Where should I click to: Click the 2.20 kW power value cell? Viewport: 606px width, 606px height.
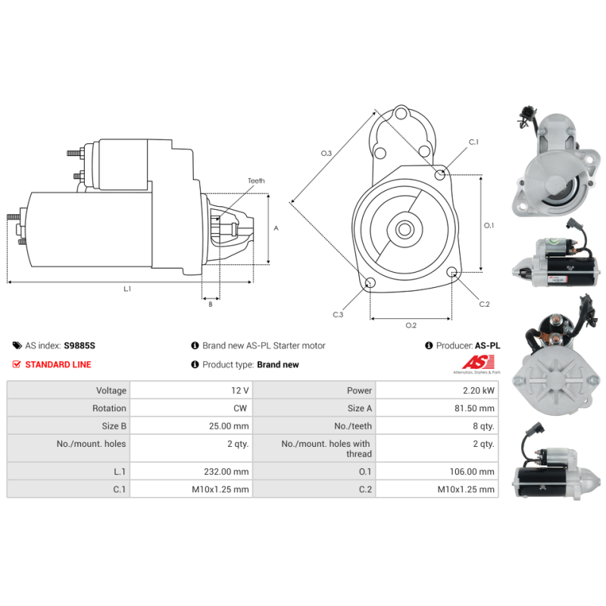[x=479, y=390]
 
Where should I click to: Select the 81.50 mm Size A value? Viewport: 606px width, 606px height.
[x=474, y=408]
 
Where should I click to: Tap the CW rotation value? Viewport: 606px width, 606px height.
[x=240, y=408]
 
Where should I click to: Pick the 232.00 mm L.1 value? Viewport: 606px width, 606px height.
[x=226, y=471]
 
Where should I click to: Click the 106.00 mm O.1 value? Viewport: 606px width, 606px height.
[x=472, y=471]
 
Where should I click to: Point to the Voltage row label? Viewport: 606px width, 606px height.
[x=111, y=391]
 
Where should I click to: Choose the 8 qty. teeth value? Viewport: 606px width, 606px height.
[x=483, y=426]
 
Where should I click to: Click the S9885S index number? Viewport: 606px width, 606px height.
[x=80, y=345]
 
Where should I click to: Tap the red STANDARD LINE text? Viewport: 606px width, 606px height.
[x=58, y=364]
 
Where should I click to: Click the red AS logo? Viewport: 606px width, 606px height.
[x=479, y=363]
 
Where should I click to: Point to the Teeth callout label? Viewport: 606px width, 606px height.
[x=256, y=180]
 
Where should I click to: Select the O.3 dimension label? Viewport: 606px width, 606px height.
[x=326, y=154]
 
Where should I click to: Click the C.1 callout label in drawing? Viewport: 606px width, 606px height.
[x=473, y=142]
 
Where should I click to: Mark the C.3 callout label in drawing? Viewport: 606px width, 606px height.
[x=338, y=314]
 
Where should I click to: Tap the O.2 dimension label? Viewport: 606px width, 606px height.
[x=411, y=326]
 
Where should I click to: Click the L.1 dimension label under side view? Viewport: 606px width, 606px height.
[x=127, y=289]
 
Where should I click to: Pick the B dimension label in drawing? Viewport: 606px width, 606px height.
[x=211, y=305]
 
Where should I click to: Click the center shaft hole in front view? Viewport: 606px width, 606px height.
[x=405, y=230]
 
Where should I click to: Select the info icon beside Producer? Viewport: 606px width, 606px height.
[x=429, y=345]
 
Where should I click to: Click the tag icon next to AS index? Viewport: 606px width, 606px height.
[x=17, y=345]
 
